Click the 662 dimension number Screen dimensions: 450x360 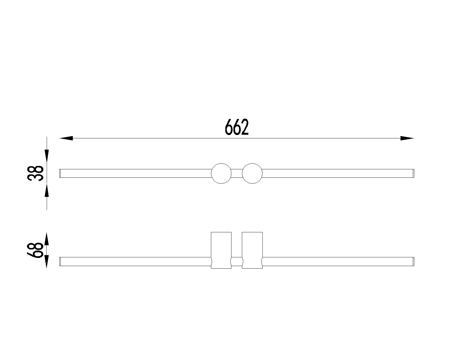click(237, 127)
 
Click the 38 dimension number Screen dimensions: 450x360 click(35, 174)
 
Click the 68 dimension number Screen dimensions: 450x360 click(35, 250)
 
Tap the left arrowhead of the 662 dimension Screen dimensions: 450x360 click(66, 138)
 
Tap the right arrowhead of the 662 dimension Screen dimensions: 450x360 click(407, 138)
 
